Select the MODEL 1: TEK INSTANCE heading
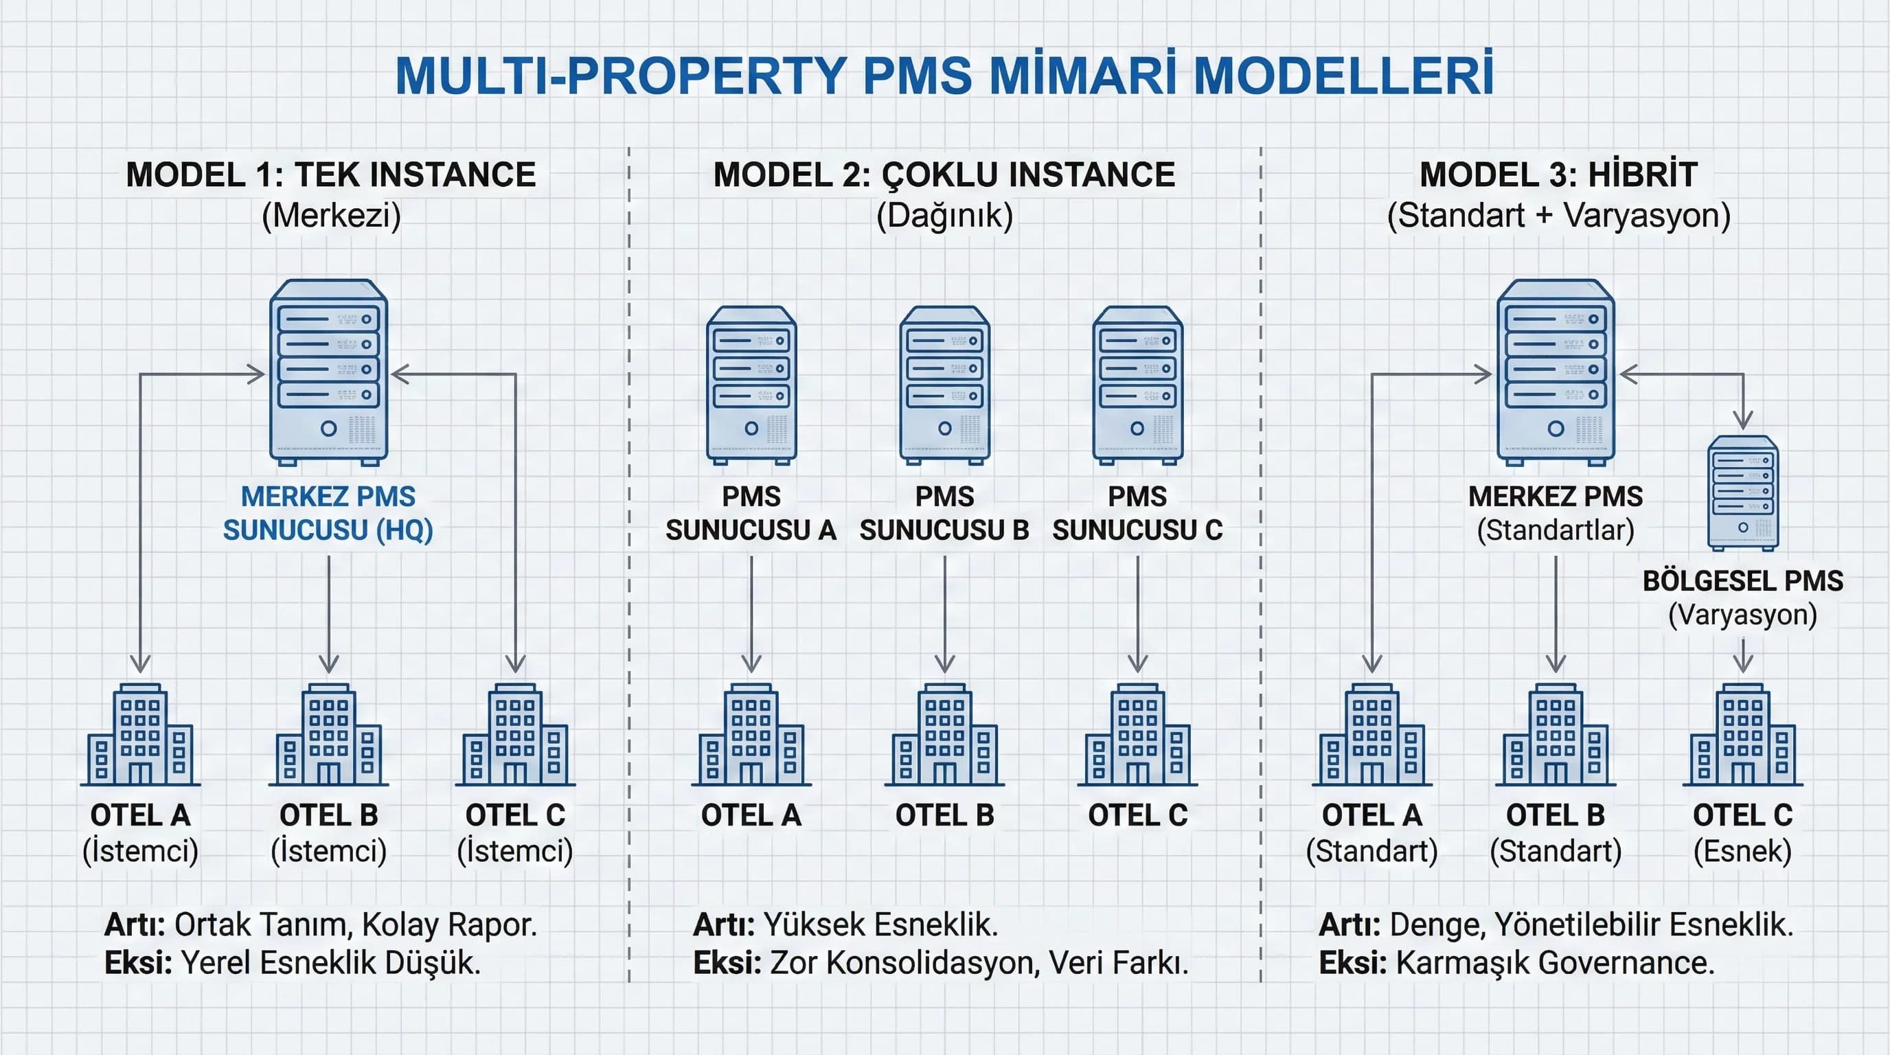(x=331, y=175)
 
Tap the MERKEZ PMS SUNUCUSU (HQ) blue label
(x=328, y=514)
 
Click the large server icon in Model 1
(x=328, y=372)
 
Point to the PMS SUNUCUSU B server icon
(x=944, y=385)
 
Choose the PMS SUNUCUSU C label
(x=1137, y=514)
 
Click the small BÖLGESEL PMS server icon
(x=1742, y=493)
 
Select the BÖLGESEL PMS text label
(x=1742, y=581)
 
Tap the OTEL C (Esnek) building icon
(x=1742, y=735)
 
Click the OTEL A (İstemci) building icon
(x=140, y=735)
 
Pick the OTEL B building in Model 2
(x=944, y=735)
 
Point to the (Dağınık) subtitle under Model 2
(x=944, y=216)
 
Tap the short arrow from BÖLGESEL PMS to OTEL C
(x=1743, y=655)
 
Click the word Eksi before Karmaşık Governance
(x=1352, y=963)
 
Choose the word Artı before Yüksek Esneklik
(x=723, y=925)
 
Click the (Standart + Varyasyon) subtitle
(x=1558, y=216)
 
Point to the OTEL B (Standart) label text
(x=1556, y=832)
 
